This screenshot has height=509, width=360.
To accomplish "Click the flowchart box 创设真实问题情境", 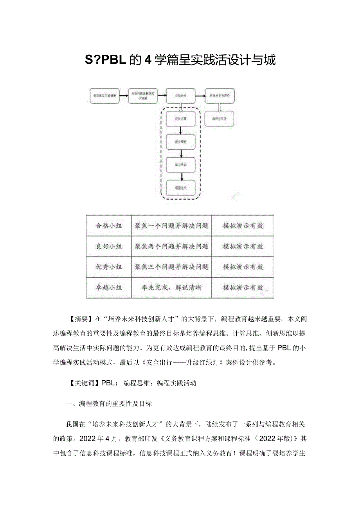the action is coord(104,95).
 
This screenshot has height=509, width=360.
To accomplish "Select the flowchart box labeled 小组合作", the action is coord(181,95).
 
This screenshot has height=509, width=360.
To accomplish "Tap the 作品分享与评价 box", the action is coord(220,95).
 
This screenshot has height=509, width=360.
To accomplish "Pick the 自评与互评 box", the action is coord(220,119).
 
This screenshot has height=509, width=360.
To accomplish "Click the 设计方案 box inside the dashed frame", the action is coord(181,119).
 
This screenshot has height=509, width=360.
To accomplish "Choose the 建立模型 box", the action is coord(181,142).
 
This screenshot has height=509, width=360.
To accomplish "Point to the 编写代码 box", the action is coord(181,165).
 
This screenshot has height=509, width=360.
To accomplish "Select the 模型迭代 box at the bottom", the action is coord(181,188).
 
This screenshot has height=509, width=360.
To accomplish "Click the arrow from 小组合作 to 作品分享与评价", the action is coord(200,95).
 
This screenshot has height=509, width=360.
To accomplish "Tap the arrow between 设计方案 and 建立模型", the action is coord(181,130).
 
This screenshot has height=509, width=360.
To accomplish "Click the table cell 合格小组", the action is coord(109,226).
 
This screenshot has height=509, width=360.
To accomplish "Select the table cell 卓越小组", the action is coord(109,288).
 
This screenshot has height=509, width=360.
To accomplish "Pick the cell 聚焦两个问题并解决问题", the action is coord(171,246).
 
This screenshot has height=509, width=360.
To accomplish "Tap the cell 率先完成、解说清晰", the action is coord(171,288).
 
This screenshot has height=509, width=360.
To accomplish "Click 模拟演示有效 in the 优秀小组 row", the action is coord(243,267).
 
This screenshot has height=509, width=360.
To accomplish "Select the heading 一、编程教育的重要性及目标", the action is coord(109,404).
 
